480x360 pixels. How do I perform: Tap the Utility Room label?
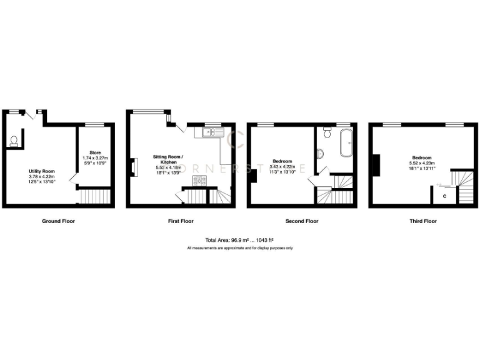pyautogui.click(x=42, y=171)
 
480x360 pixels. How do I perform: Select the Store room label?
pyautogui.click(x=95, y=152)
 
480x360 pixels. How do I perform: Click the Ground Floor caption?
pyautogui.click(x=59, y=221)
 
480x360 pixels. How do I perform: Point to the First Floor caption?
pyautogui.click(x=180, y=221)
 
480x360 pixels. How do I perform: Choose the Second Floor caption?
pyautogui.click(x=302, y=221)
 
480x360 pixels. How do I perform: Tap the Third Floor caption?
pyautogui.click(x=423, y=221)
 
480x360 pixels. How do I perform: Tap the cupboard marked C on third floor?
pyautogui.click(x=444, y=196)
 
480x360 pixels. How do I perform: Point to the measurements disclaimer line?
pyautogui.click(x=240, y=248)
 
